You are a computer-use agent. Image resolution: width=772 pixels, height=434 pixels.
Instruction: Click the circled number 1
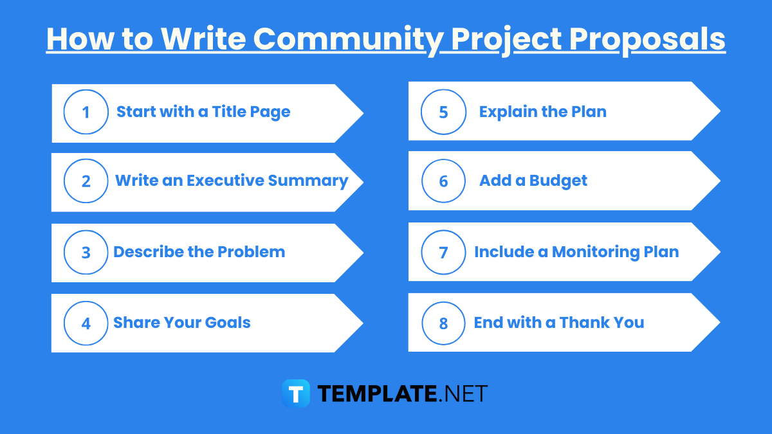[x=86, y=113]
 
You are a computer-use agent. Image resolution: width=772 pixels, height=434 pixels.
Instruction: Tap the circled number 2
[x=86, y=181]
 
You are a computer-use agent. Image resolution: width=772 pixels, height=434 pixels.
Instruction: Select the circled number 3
[x=86, y=252]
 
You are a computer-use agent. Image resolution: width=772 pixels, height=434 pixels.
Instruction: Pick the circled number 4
[x=86, y=323]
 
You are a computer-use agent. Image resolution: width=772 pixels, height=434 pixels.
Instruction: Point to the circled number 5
[x=443, y=112]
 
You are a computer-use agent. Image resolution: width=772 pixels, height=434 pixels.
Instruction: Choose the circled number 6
[x=443, y=181]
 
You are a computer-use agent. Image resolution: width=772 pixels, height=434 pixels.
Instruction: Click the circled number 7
[x=443, y=252]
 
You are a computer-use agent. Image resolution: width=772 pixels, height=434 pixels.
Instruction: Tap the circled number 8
[x=443, y=323]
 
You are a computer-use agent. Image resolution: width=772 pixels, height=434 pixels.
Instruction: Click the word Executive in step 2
[x=225, y=181]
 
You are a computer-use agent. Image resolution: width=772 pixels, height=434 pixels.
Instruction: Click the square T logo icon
[x=296, y=393]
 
